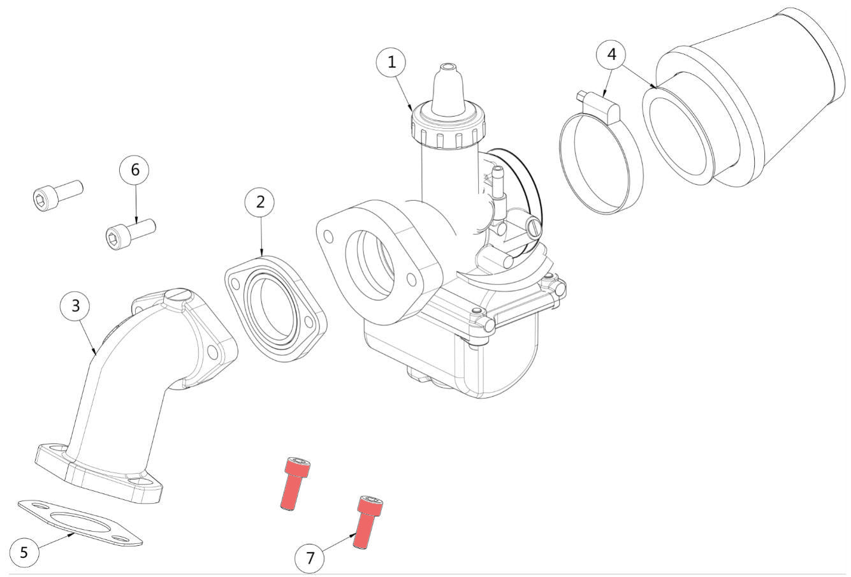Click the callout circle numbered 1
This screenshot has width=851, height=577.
coord(392,62)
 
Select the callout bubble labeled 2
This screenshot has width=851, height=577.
coord(260,201)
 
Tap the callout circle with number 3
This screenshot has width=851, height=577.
coord(76,305)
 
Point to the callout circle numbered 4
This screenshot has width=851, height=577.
coord(611,54)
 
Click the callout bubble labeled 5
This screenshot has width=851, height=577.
coord(24,551)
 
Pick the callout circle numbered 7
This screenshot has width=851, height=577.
coord(310,559)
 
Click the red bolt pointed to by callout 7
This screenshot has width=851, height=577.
coord(365,523)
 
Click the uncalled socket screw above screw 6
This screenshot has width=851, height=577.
coord(57,193)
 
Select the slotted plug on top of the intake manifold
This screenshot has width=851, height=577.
coord(177,296)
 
